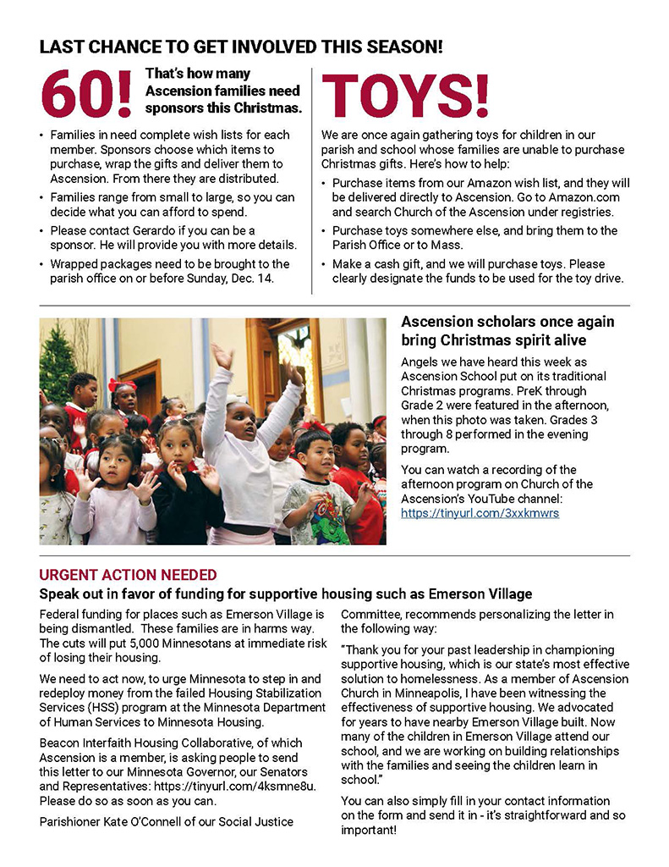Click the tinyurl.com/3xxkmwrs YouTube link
(480, 513)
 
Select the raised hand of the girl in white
(222, 356)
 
